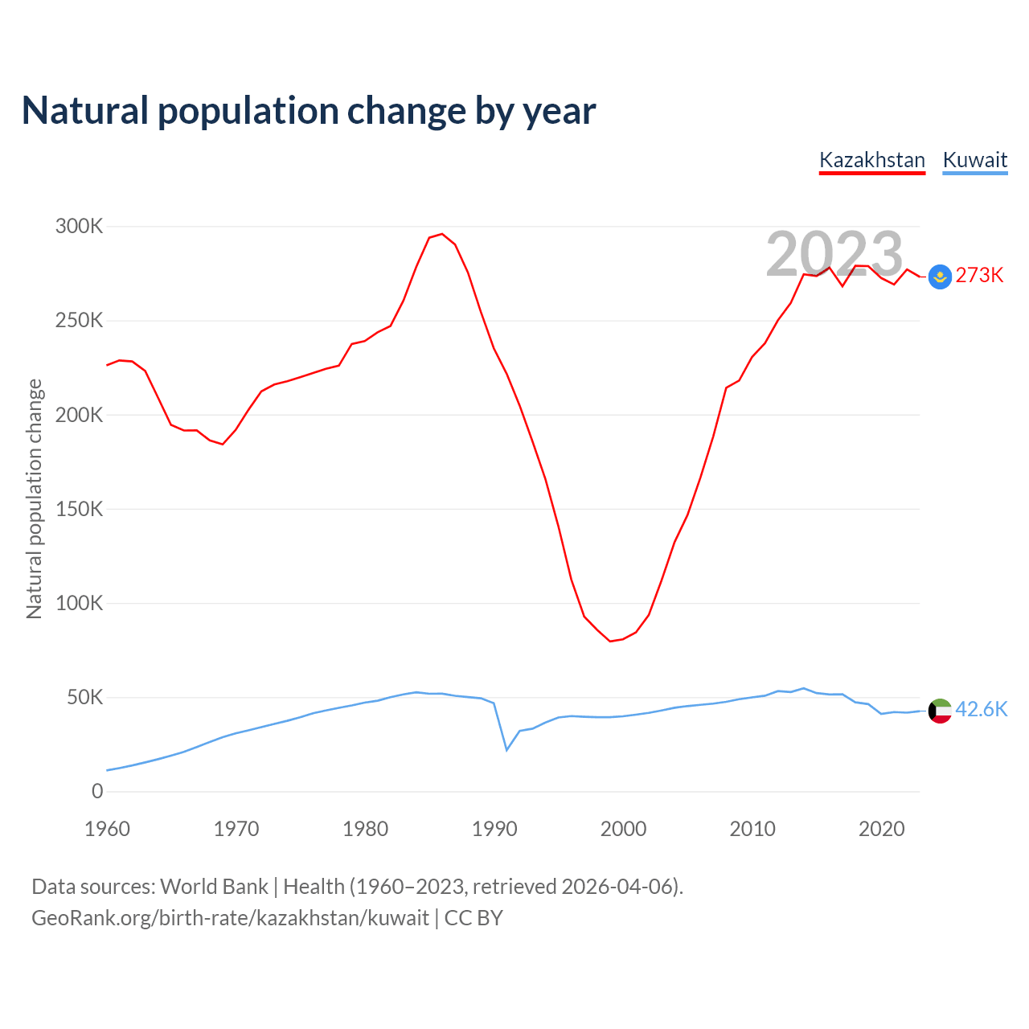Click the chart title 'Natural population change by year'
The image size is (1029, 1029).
(309, 111)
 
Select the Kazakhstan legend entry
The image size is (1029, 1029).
(872, 160)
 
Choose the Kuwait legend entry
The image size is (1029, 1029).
(974, 160)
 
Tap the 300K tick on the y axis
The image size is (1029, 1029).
(79, 227)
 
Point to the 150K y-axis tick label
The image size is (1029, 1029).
(79, 510)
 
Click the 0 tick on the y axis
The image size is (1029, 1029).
(97, 792)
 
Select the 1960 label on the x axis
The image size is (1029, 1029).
(107, 829)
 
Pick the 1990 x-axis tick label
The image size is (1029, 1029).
(494, 829)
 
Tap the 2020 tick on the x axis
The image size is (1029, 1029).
(881, 829)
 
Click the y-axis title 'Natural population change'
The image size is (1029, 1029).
(35, 499)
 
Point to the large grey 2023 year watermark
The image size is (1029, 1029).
(834, 254)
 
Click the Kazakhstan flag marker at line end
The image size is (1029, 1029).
(940, 277)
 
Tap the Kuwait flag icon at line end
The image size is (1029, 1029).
(940, 711)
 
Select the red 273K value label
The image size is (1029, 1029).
(979, 276)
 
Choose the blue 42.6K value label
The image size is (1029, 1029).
(981, 709)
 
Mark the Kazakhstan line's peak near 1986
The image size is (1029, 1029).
(441, 234)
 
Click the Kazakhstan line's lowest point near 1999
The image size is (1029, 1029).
(610, 641)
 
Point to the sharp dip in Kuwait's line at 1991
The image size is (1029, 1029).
(506, 750)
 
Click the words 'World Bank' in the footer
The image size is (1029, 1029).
(214, 887)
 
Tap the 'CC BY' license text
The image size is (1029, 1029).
(474, 918)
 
